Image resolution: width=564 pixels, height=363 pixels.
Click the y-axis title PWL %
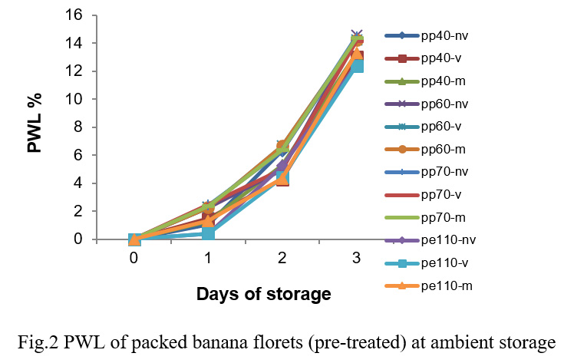(35, 124)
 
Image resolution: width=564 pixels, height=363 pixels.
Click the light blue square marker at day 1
(208, 232)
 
